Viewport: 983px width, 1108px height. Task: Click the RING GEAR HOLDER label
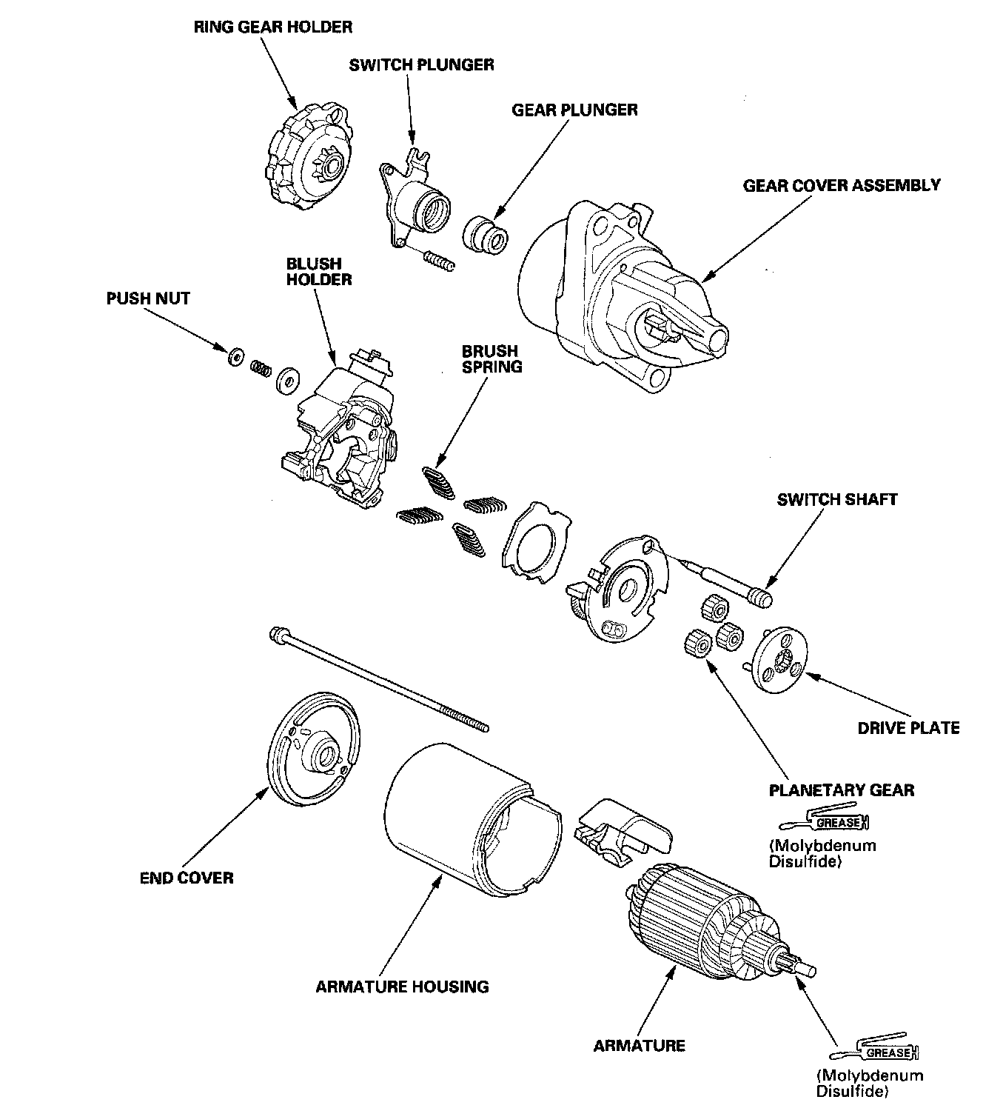tap(272, 27)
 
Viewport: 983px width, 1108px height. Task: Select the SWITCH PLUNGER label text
tap(421, 65)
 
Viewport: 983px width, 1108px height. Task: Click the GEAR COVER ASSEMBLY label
tap(842, 185)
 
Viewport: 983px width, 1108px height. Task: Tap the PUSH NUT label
tap(148, 298)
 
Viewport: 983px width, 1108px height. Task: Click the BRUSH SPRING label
tap(491, 358)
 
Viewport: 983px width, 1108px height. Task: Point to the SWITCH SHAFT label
tap(836, 499)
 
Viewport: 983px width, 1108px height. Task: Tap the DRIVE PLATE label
tap(908, 727)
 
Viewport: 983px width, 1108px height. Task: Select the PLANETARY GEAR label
tap(842, 790)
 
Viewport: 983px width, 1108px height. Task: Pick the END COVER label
tap(187, 878)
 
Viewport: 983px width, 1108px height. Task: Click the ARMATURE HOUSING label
tap(402, 987)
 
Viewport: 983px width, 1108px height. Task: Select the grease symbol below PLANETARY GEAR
tap(825, 822)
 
